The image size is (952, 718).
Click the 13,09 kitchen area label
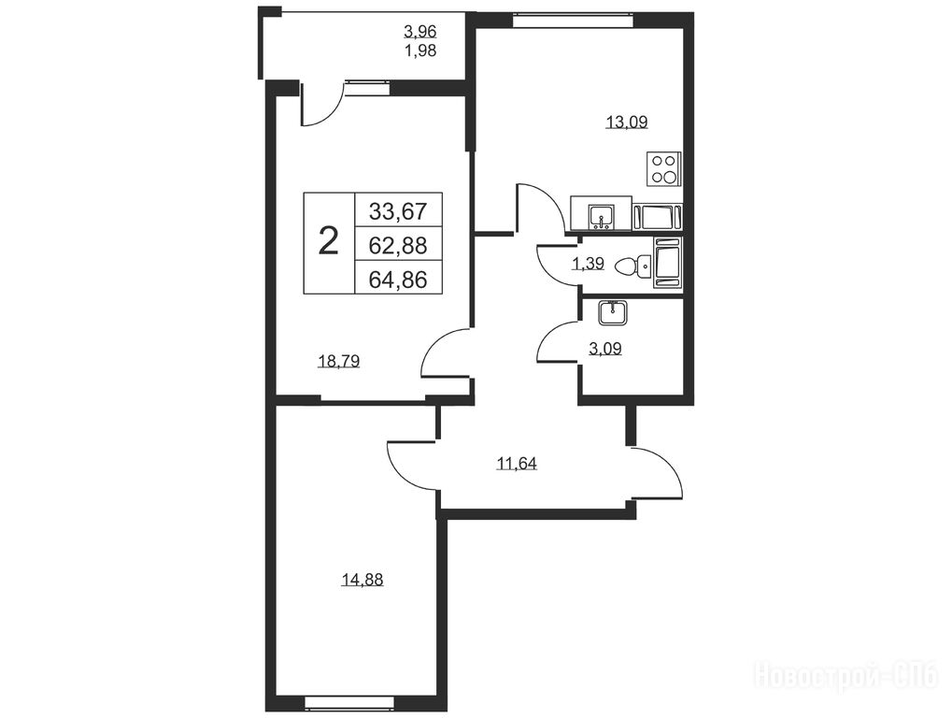click(x=627, y=122)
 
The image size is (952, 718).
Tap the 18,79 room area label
click(x=339, y=362)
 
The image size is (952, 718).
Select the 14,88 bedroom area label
click(x=362, y=581)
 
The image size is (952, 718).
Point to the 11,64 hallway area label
click(x=517, y=464)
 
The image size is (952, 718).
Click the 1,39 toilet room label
click(x=587, y=264)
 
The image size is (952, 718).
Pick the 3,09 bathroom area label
click(x=604, y=349)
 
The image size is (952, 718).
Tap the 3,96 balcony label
click(x=420, y=30)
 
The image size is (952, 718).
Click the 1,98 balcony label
click(x=420, y=50)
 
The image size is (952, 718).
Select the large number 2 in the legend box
click(x=329, y=241)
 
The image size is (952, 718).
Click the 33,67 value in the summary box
click(x=398, y=211)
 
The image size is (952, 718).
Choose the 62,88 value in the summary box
click(x=398, y=245)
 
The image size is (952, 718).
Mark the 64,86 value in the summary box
click(x=398, y=280)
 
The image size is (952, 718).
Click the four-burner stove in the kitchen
click(x=663, y=169)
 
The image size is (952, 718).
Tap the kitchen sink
click(x=602, y=217)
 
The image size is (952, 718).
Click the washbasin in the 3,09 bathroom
click(x=613, y=313)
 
